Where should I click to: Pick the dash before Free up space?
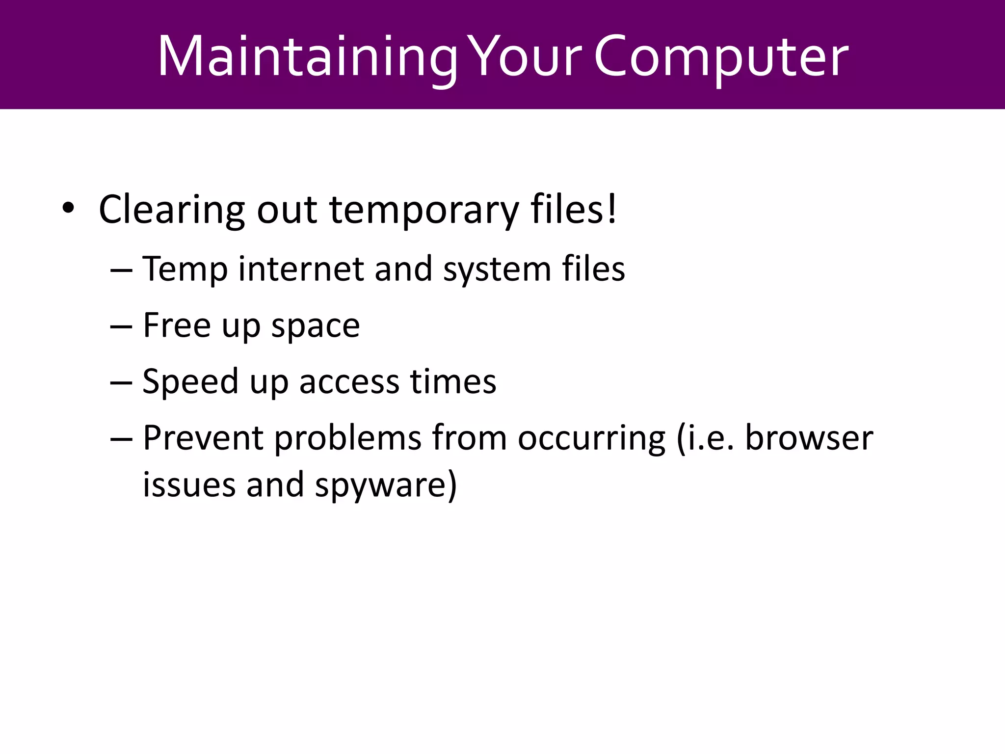point(121,326)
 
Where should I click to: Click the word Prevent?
point(203,437)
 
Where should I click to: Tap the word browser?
point(809,437)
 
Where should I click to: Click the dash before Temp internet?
point(121,270)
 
